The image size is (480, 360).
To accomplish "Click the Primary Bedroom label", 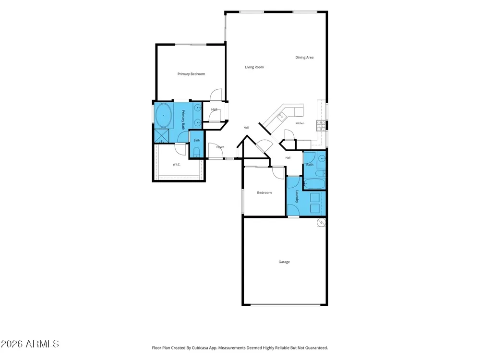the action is click(192, 74).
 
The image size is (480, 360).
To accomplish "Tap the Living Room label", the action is click(254, 67).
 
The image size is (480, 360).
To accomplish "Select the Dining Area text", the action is click(304, 57).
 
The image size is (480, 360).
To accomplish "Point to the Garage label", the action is click(284, 262).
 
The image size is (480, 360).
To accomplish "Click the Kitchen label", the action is click(300, 123).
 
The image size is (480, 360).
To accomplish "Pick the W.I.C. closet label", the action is click(176, 164).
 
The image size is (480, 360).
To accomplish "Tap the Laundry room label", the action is click(297, 196).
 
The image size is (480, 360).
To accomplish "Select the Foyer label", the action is click(220, 147).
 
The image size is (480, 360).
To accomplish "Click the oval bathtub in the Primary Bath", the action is click(163, 115).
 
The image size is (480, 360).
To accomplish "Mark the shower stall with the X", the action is click(161, 136).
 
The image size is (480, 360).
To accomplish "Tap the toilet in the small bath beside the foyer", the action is click(196, 152).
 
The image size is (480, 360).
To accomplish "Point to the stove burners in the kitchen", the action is click(321, 125).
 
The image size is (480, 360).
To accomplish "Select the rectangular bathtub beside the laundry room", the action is click(314, 184).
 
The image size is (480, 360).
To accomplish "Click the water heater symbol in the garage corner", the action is click(321, 222).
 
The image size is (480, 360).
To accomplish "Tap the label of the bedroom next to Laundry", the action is click(264, 192).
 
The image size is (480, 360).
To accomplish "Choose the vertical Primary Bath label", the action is click(183, 120).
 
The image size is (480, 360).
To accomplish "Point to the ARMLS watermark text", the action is click(30, 344).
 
